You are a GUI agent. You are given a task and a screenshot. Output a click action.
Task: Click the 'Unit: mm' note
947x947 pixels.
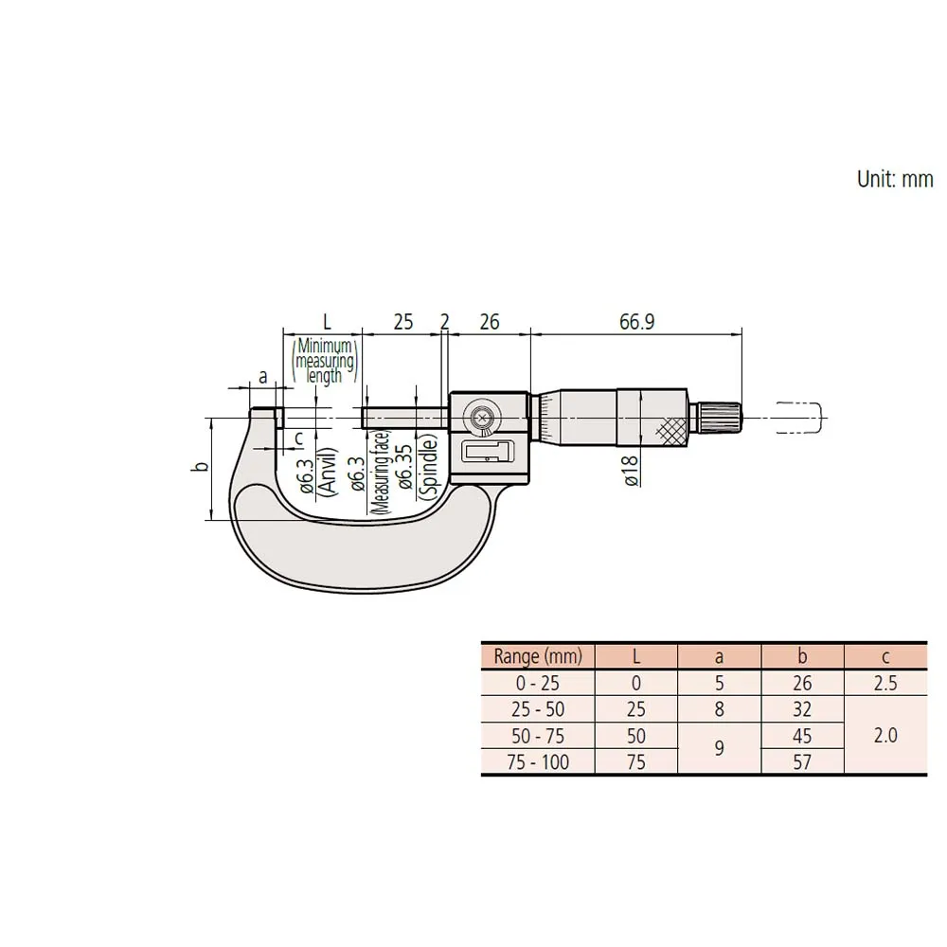coord(895,179)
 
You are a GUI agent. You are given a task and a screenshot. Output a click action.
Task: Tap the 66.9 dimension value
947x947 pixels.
coord(636,322)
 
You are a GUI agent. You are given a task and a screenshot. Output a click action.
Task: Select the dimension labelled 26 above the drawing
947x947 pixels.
coord(490,322)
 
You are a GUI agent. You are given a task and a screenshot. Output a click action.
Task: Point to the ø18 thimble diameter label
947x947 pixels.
coord(630,471)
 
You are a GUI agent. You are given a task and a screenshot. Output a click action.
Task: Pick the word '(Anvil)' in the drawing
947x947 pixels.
coord(328,472)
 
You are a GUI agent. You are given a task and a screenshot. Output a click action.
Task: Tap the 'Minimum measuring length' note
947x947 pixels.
coord(324,361)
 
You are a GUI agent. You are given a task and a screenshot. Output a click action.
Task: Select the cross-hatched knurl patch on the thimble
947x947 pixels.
coord(670,431)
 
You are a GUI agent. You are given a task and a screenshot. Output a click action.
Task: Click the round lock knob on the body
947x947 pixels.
coord(481,418)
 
